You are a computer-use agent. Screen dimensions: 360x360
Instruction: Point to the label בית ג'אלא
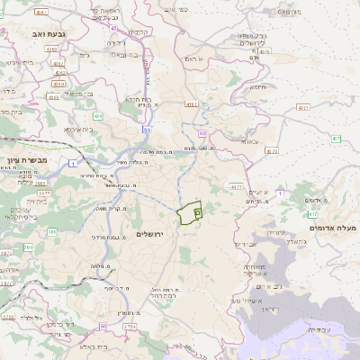point(85,345)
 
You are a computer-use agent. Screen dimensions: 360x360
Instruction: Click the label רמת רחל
point(162,294)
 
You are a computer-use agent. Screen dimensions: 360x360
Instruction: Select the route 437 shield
point(336,139)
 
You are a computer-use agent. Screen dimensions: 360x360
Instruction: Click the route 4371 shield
point(237,186)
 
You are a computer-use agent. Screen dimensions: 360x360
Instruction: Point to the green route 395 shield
point(52,232)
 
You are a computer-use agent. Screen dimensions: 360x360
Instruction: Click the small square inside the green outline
point(196,212)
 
